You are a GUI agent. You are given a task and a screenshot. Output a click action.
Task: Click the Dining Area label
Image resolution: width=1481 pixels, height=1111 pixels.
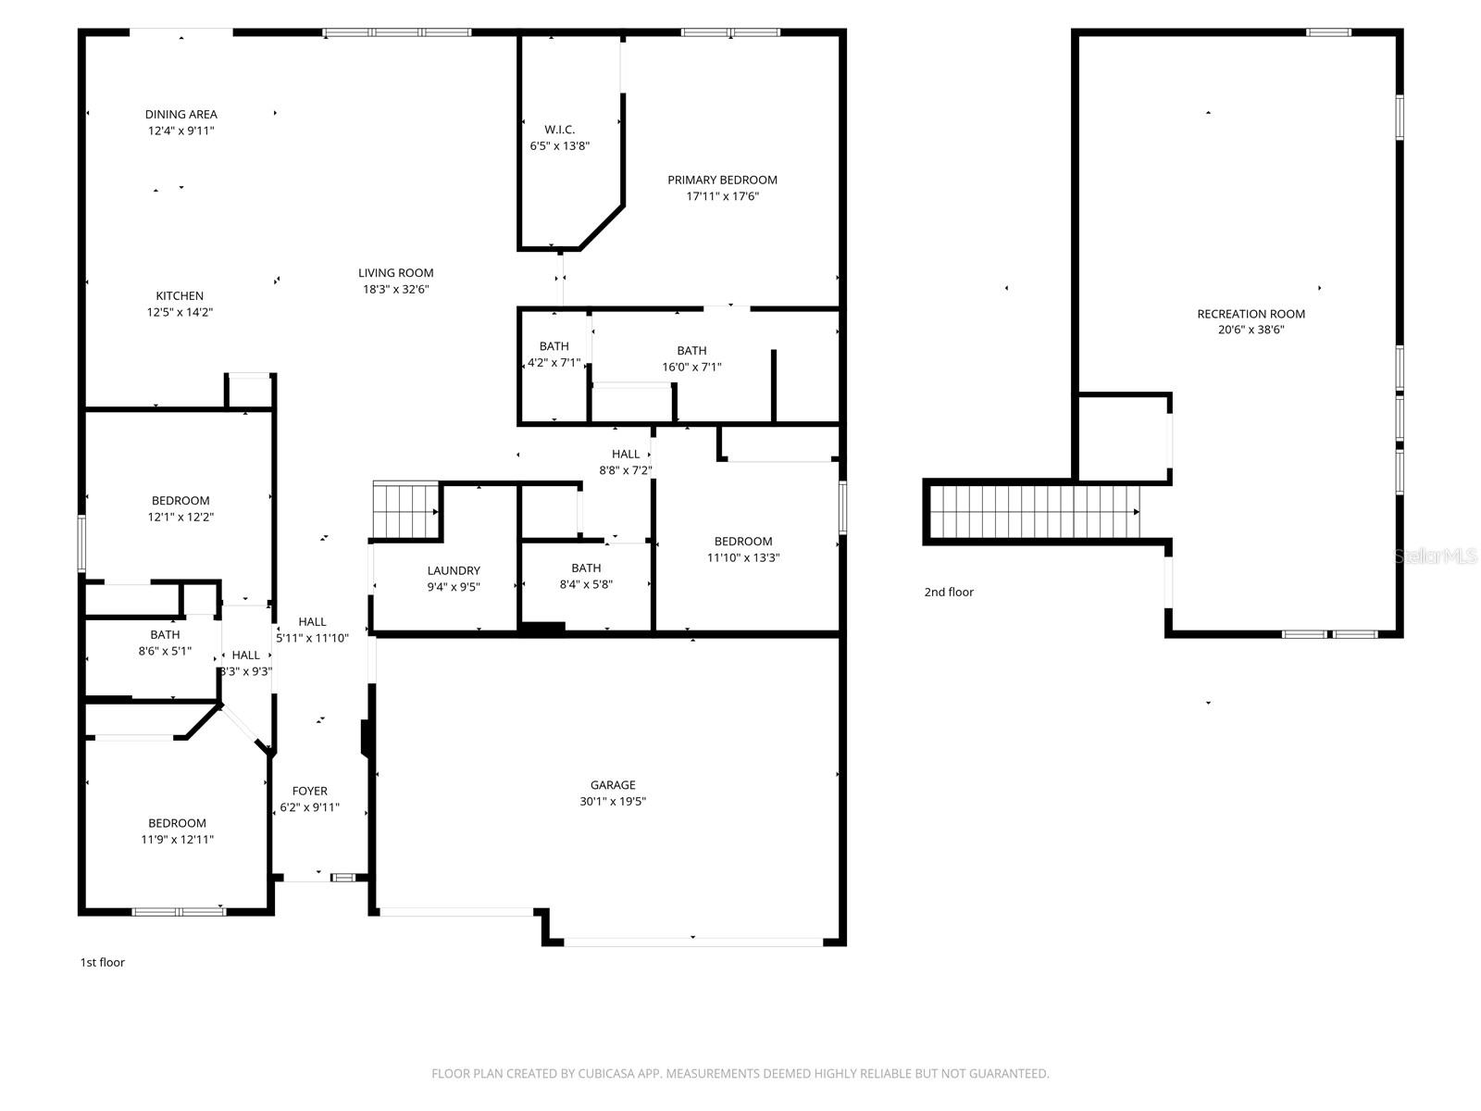coord(181,115)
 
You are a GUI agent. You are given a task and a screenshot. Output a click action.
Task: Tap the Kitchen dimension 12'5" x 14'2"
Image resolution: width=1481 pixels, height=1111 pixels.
coord(180,313)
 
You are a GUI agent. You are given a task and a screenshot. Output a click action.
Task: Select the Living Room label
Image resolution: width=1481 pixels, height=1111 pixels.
coord(396,273)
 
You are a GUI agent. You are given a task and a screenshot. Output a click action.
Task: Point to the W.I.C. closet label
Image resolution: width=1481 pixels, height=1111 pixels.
coord(560,130)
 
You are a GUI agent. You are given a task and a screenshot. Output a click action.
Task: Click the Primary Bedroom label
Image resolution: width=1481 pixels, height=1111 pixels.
coord(722,180)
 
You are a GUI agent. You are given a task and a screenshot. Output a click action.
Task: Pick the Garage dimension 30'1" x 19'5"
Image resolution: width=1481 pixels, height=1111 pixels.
coord(613,802)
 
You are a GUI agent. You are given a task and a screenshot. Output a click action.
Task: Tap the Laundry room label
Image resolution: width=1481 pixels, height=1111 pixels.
coord(454,571)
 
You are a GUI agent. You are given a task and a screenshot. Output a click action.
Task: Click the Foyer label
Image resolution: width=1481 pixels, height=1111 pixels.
coord(309,792)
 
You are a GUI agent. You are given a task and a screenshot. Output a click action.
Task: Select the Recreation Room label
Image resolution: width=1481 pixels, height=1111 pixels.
coord(1251,314)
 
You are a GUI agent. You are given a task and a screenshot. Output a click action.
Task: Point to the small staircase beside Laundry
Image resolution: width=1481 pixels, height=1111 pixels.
coord(405,510)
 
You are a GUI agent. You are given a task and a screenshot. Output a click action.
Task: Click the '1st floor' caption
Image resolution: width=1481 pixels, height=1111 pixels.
coord(102,963)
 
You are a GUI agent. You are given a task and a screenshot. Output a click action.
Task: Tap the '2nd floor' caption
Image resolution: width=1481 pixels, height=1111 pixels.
coord(949,593)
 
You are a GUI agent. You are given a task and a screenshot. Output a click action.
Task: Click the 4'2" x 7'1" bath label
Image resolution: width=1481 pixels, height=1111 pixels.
coord(554,355)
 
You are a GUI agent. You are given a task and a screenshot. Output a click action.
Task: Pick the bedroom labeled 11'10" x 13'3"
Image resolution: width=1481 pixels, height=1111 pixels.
coord(742,550)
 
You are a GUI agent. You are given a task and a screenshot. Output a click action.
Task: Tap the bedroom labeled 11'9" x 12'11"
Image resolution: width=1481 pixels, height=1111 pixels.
coord(177,831)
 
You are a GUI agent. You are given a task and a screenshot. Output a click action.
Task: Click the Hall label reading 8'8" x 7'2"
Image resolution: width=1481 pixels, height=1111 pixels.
coord(626,462)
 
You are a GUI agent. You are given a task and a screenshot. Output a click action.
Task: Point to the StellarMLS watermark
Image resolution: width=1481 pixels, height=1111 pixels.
coord(1435,555)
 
